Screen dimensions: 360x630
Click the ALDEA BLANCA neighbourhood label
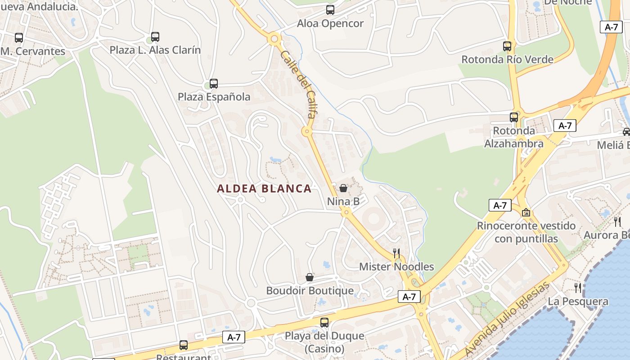coord(264,189)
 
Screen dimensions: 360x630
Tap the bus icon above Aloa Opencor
coord(330,9)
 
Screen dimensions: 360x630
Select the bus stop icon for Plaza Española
coord(214,84)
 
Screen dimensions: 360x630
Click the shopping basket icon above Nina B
coord(343,188)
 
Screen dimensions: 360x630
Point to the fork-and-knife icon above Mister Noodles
coord(396,253)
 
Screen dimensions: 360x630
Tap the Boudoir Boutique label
coord(310,291)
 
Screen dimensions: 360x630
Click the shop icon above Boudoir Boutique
coord(310,277)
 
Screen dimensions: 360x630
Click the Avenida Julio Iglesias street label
coord(507,319)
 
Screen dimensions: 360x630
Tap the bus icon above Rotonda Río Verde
coord(507,46)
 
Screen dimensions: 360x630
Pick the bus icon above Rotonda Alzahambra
coord(514,117)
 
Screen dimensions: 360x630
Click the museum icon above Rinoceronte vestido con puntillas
coord(526,212)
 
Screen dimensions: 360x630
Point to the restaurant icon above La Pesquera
coord(578,288)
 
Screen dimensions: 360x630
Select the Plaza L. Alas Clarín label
coord(155,50)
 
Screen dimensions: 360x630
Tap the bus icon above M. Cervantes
coord(19,38)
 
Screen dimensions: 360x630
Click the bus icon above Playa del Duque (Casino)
coord(324,322)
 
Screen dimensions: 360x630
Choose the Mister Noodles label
coord(396,267)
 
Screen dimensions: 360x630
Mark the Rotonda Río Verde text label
coord(507,59)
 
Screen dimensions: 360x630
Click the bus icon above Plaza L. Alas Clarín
coord(155,36)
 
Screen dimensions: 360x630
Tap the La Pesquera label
coord(578,301)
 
